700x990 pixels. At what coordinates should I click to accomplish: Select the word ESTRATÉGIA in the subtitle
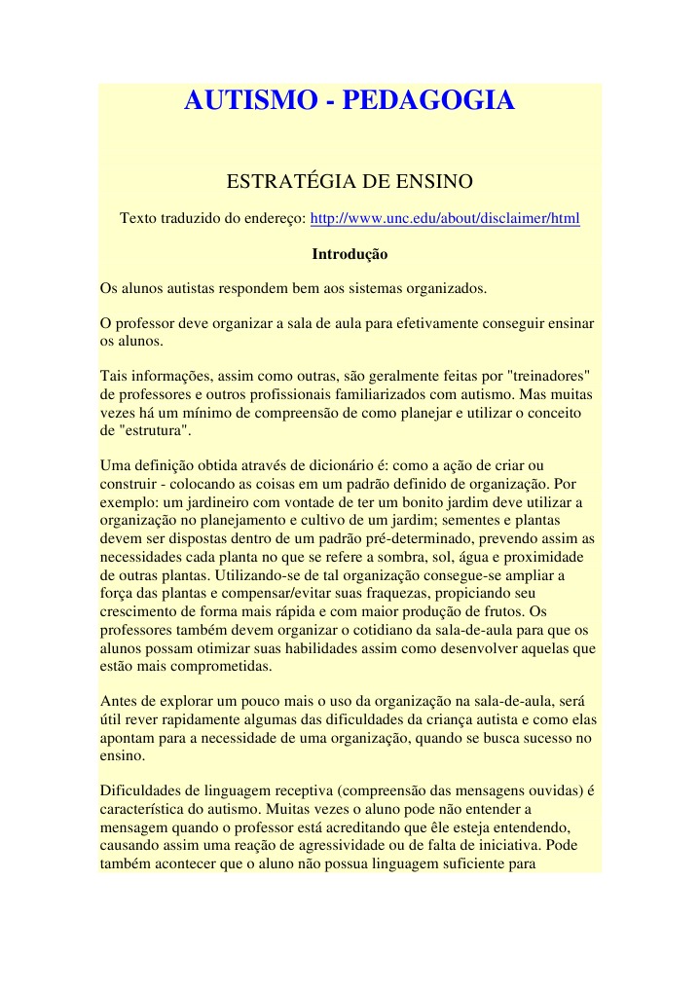click(x=285, y=182)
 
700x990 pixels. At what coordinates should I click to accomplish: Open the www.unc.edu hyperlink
click(x=444, y=219)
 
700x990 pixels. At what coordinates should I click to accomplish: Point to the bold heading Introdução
click(x=350, y=255)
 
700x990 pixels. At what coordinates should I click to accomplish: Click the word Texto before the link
click(x=140, y=219)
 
